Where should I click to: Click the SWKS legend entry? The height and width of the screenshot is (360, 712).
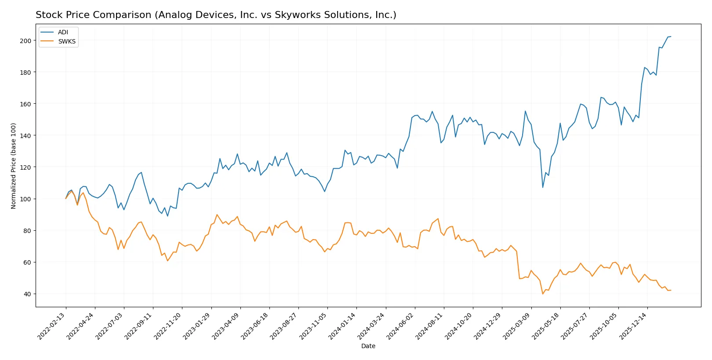(x=66, y=41)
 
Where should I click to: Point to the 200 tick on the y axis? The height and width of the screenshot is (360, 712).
(x=26, y=40)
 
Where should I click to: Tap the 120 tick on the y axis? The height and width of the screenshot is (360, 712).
(x=26, y=167)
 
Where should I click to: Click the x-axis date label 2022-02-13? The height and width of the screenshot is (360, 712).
(x=52, y=326)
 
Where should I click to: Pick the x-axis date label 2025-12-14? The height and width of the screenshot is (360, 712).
(x=633, y=326)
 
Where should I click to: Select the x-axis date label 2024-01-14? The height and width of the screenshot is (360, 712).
(x=342, y=326)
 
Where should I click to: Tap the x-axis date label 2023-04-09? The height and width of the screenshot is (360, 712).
(x=226, y=326)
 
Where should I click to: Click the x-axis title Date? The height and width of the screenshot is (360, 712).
(x=368, y=346)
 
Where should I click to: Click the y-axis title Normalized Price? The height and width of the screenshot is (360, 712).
(x=14, y=166)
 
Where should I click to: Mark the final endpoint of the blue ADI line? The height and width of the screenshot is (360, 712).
(x=671, y=36)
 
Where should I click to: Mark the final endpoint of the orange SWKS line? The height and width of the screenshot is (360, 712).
(x=671, y=290)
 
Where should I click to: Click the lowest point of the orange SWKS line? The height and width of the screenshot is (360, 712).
(x=543, y=294)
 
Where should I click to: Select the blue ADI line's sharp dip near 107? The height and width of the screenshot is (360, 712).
(x=543, y=187)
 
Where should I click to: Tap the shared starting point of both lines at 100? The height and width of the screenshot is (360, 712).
(x=66, y=199)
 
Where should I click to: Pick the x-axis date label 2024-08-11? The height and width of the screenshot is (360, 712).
(x=429, y=326)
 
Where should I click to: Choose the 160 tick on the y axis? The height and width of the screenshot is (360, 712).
(x=26, y=104)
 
